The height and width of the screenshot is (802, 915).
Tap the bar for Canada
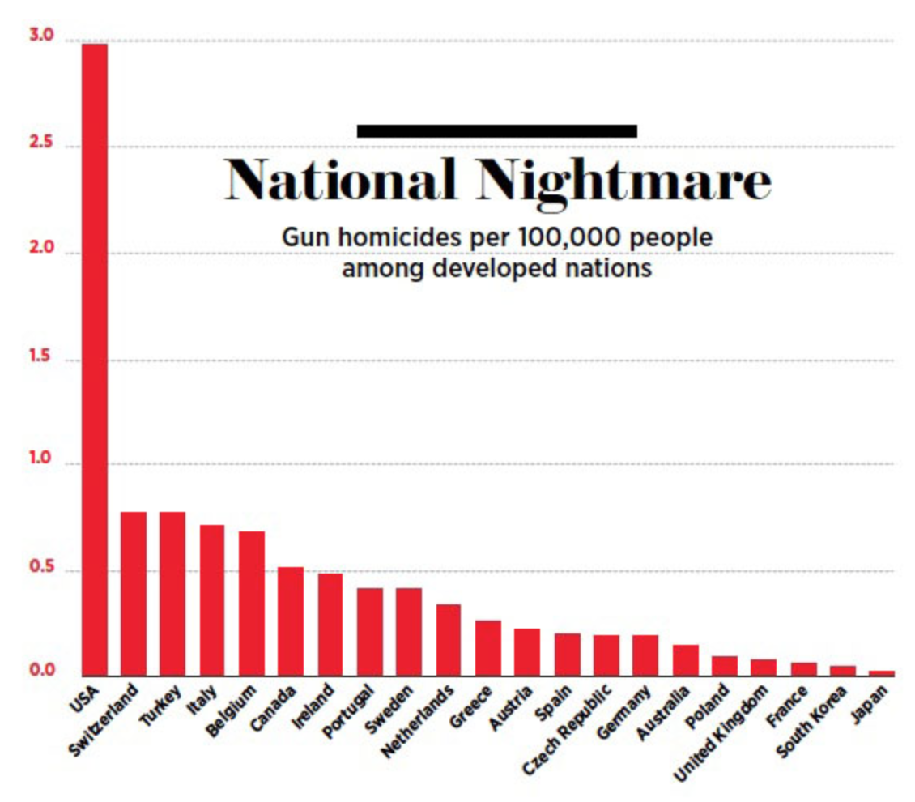pos(291,621)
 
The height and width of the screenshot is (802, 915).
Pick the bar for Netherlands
pos(449,639)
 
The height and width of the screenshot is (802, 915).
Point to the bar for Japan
pos(882,672)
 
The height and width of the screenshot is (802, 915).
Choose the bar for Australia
pos(685,659)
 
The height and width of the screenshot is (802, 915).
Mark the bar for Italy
pos(212,599)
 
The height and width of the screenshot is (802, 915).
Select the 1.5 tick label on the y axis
pos(41,359)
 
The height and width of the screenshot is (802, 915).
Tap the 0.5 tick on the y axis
pos(41,570)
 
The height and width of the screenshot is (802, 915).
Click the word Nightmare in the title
pos(623,180)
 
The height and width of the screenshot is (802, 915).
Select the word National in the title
pos(340,180)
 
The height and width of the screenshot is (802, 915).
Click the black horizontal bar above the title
pos(496,130)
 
